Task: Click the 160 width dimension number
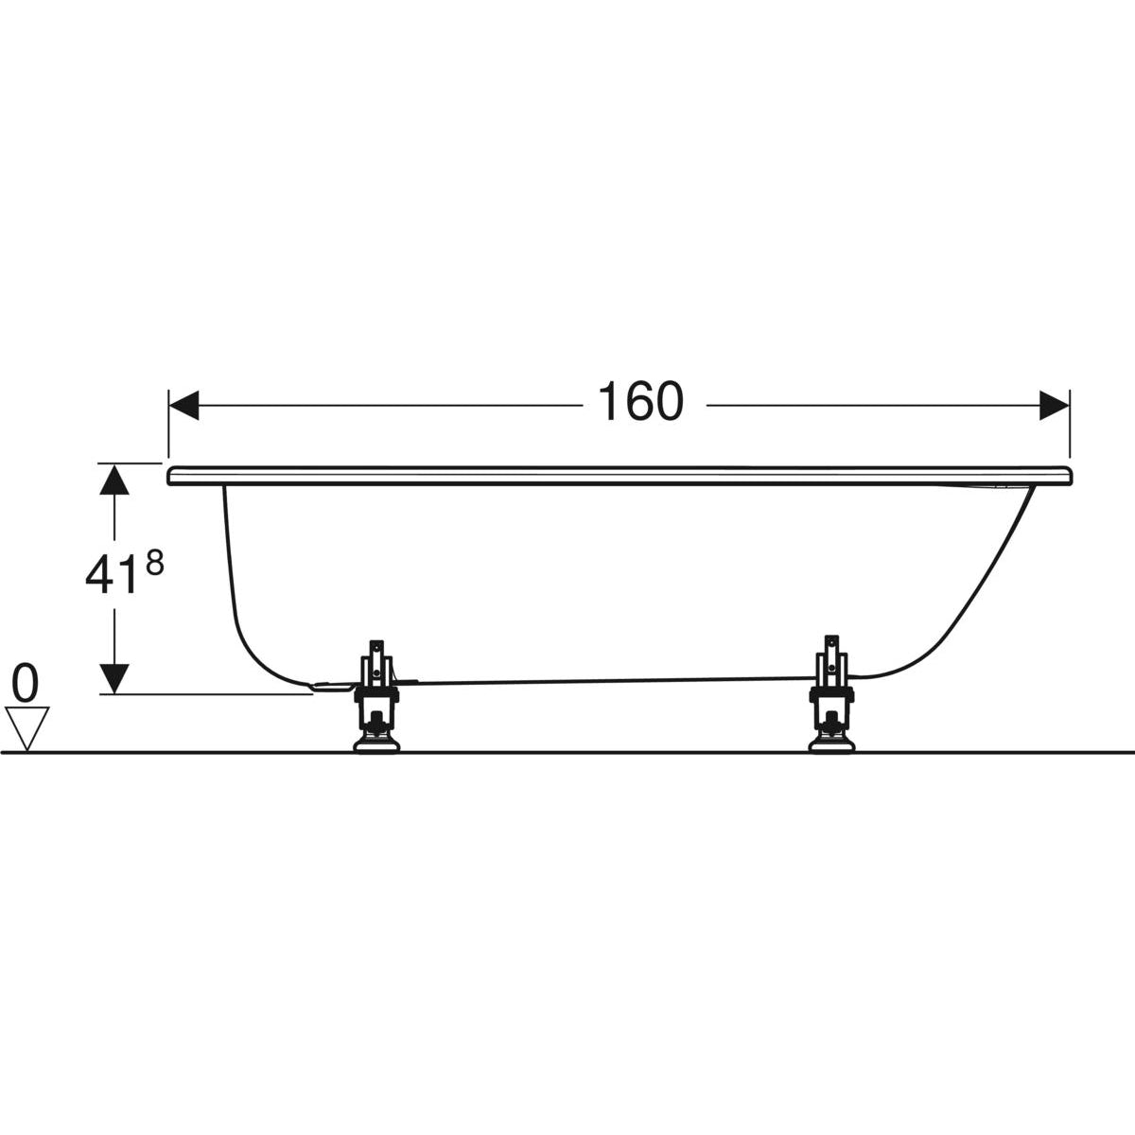coord(640,402)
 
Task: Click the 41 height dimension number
coord(110,575)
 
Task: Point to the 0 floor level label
coord(26,683)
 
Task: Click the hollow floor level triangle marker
coord(26,728)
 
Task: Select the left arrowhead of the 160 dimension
coord(183,405)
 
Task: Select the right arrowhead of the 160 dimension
coord(1054,405)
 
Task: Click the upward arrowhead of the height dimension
coord(114,480)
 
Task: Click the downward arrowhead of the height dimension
coord(114,678)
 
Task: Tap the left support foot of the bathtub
coord(376,695)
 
